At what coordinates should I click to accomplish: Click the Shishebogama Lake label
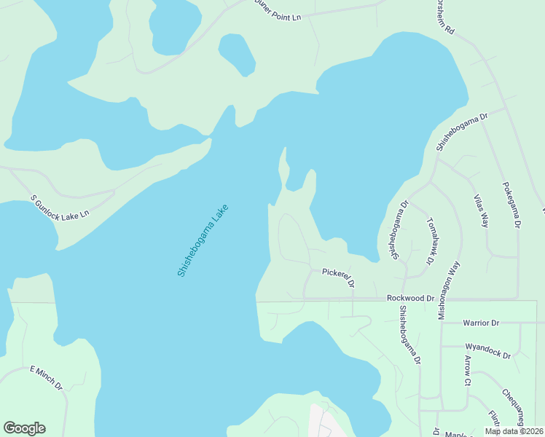[x=203, y=240]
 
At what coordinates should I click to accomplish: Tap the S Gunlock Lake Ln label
[x=59, y=207]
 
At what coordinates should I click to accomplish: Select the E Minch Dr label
[x=47, y=379]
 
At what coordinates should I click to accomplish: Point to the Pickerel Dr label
[x=339, y=277]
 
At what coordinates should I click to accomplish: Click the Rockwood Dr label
[x=410, y=299]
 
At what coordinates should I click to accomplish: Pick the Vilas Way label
[x=481, y=210]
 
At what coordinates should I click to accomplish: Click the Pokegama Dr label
[x=511, y=206]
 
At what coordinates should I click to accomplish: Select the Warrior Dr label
[x=481, y=322]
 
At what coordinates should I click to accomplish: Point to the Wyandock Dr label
[x=487, y=352]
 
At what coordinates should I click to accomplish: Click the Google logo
[x=24, y=428]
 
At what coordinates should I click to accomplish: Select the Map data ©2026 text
[x=514, y=431]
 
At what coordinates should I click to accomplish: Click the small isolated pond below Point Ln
[x=238, y=55]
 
